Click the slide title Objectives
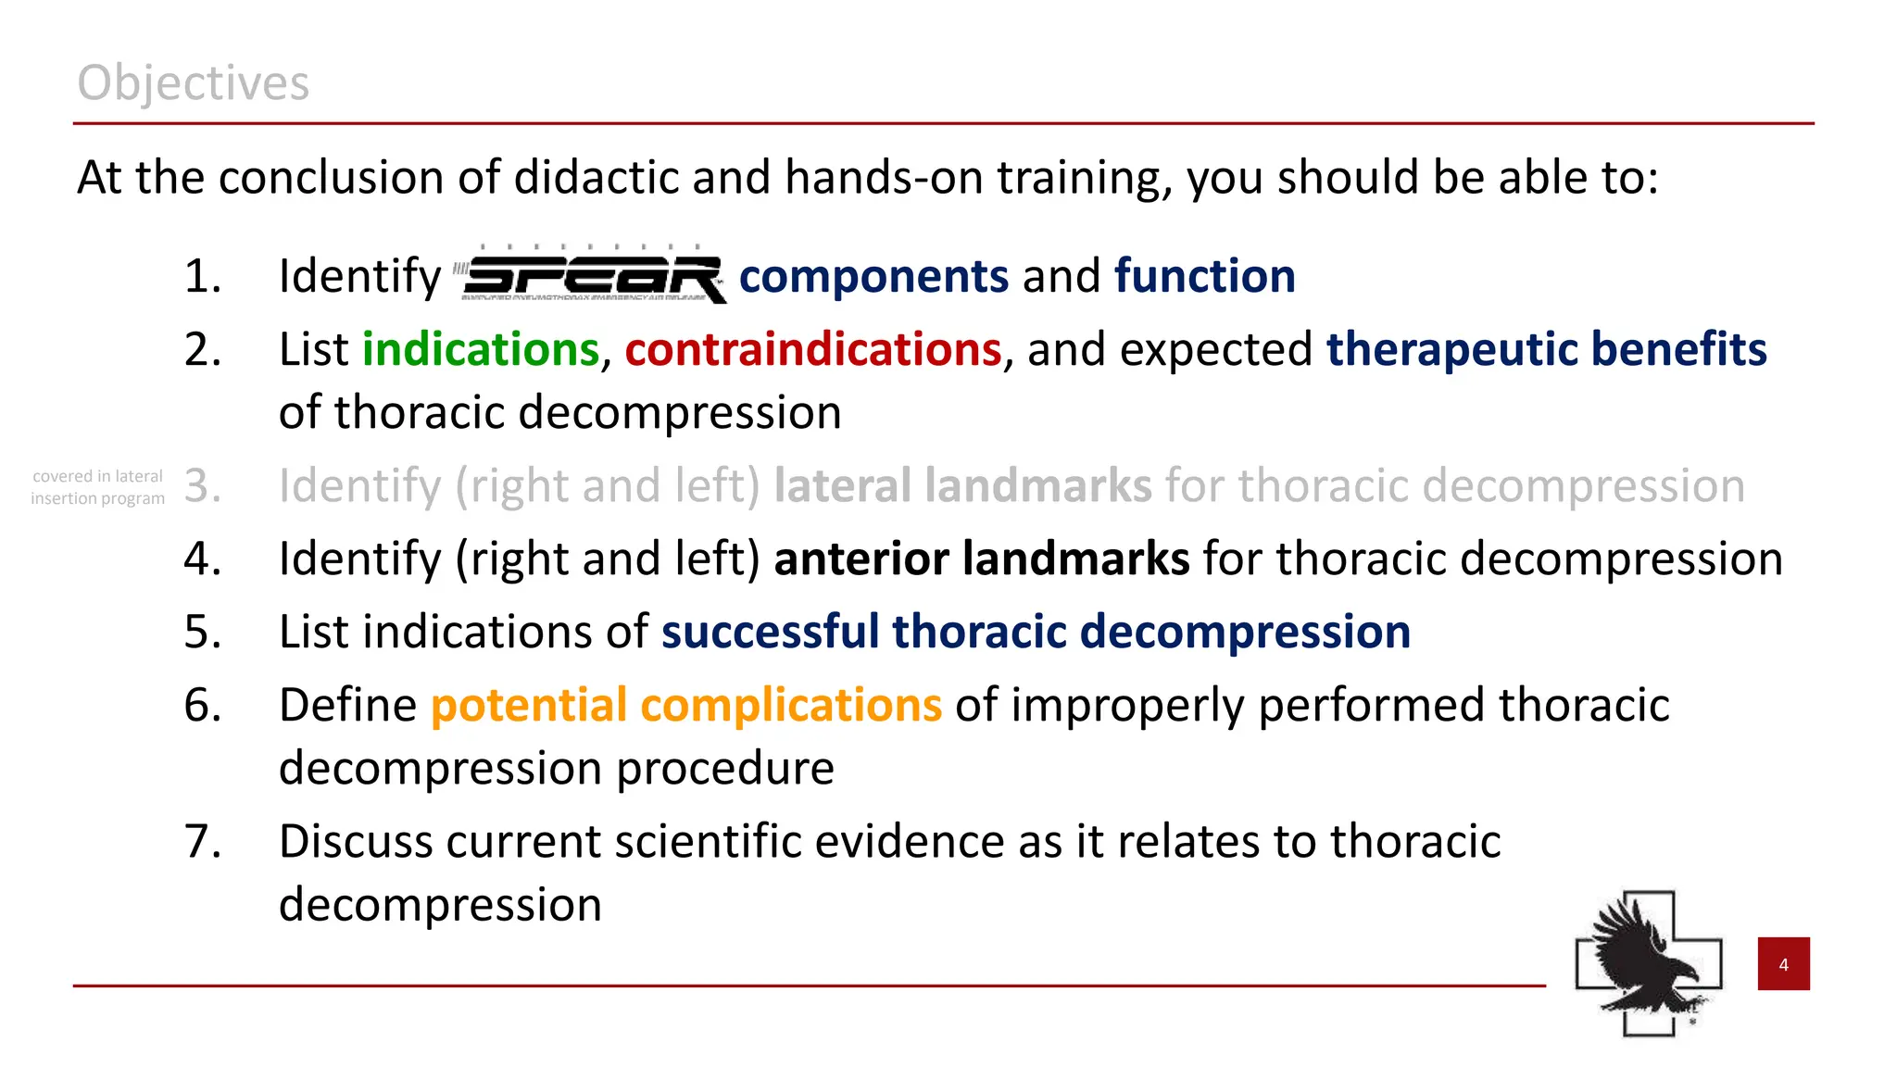pyautogui.click(x=193, y=83)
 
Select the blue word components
pyautogui.click(x=873, y=276)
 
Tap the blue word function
pyautogui.click(x=1204, y=276)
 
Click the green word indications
pyautogui.click(x=480, y=350)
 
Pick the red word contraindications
pyautogui.click(x=812, y=350)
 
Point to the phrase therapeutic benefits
pyautogui.click(x=1546, y=350)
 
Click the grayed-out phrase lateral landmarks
pyautogui.click(x=962, y=486)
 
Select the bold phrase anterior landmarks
pyautogui.click(x=981, y=559)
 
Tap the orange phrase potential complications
pyautogui.click(x=685, y=706)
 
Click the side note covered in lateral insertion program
pyautogui.click(x=97, y=487)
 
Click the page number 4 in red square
pyautogui.click(x=1783, y=964)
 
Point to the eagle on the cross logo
pyautogui.click(x=1649, y=963)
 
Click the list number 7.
pyautogui.click(x=203, y=842)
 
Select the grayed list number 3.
pyautogui.click(x=203, y=486)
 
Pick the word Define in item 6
pyautogui.click(x=348, y=706)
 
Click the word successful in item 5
pyautogui.click(x=770, y=633)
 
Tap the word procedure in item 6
pyautogui.click(x=725, y=769)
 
